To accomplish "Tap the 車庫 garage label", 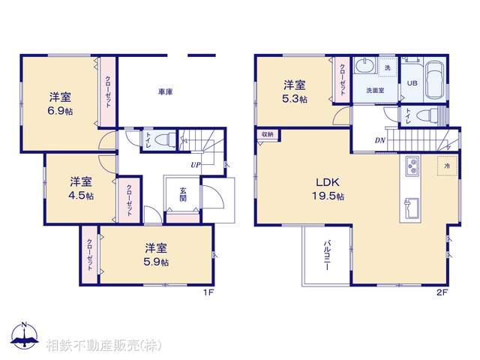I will (x=166, y=91).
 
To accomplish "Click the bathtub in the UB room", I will (x=436, y=81).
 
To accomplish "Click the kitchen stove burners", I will (x=412, y=166).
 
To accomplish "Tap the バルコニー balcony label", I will (x=328, y=256).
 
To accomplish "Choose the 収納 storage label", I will (x=268, y=134).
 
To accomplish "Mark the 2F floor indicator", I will (x=442, y=293).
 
